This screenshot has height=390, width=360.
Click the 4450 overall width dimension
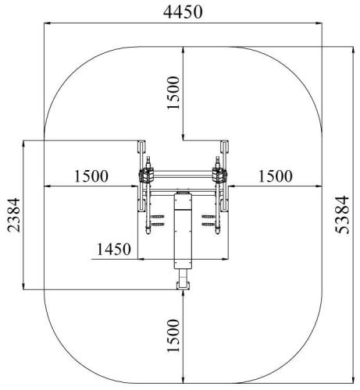(x=183, y=12)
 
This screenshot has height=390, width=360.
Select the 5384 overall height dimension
(x=341, y=214)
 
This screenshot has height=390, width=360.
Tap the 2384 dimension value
(x=13, y=214)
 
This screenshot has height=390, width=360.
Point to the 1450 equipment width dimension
(x=114, y=249)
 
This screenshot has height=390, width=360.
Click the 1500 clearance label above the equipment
(x=173, y=93)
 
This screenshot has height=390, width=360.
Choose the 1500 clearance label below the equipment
(x=173, y=335)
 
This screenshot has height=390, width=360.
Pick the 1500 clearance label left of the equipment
(x=91, y=176)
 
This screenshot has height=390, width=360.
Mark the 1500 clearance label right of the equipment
(x=275, y=176)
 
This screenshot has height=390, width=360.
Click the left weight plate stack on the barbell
(x=146, y=175)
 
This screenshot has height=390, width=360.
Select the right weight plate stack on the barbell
(x=220, y=175)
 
